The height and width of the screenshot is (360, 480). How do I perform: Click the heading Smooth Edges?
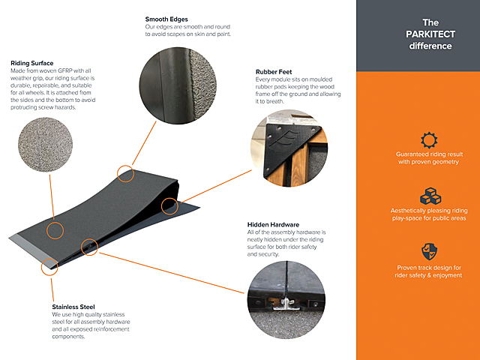pyautogui.click(x=166, y=19)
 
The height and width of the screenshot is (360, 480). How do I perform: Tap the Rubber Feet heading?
pyautogui.click(x=274, y=73)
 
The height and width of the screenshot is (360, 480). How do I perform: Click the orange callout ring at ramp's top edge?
pyautogui.click(x=125, y=174)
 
